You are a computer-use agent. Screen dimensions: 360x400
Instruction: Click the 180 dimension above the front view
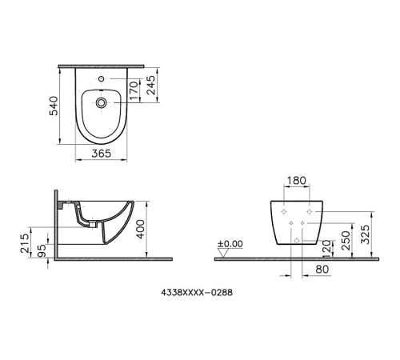(x=297, y=182)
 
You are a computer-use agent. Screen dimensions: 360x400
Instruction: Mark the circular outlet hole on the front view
(x=297, y=240)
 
